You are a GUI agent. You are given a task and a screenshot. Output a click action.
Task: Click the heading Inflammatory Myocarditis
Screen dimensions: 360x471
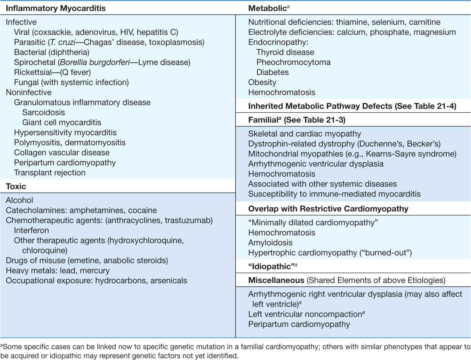[x=51, y=7]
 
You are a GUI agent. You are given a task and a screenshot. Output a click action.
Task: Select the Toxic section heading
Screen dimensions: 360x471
[x=16, y=187]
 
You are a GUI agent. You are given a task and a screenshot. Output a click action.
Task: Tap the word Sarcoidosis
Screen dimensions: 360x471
[x=43, y=113]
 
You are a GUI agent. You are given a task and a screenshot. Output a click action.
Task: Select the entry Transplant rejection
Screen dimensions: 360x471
[x=50, y=173]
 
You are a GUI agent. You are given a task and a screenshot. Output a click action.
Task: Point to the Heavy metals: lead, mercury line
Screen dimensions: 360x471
[x=58, y=271]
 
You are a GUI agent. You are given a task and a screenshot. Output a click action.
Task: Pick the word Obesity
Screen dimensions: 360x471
[x=262, y=83]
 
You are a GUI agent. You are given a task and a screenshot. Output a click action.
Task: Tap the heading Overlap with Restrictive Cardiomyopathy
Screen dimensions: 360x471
[x=328, y=209]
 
